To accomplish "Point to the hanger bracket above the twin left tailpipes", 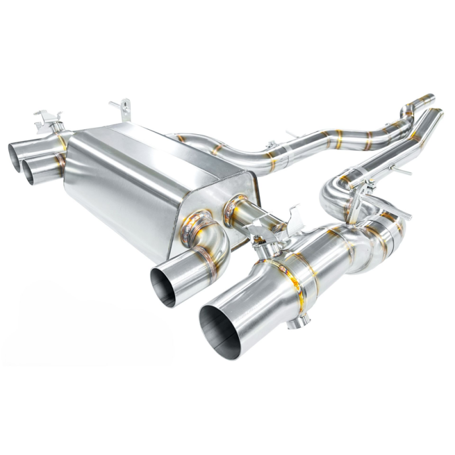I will click(x=48, y=121).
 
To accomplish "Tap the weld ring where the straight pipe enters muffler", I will click(x=234, y=210).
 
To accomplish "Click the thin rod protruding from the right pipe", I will click(x=403, y=169).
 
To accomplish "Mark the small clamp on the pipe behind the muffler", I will click(x=272, y=146).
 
